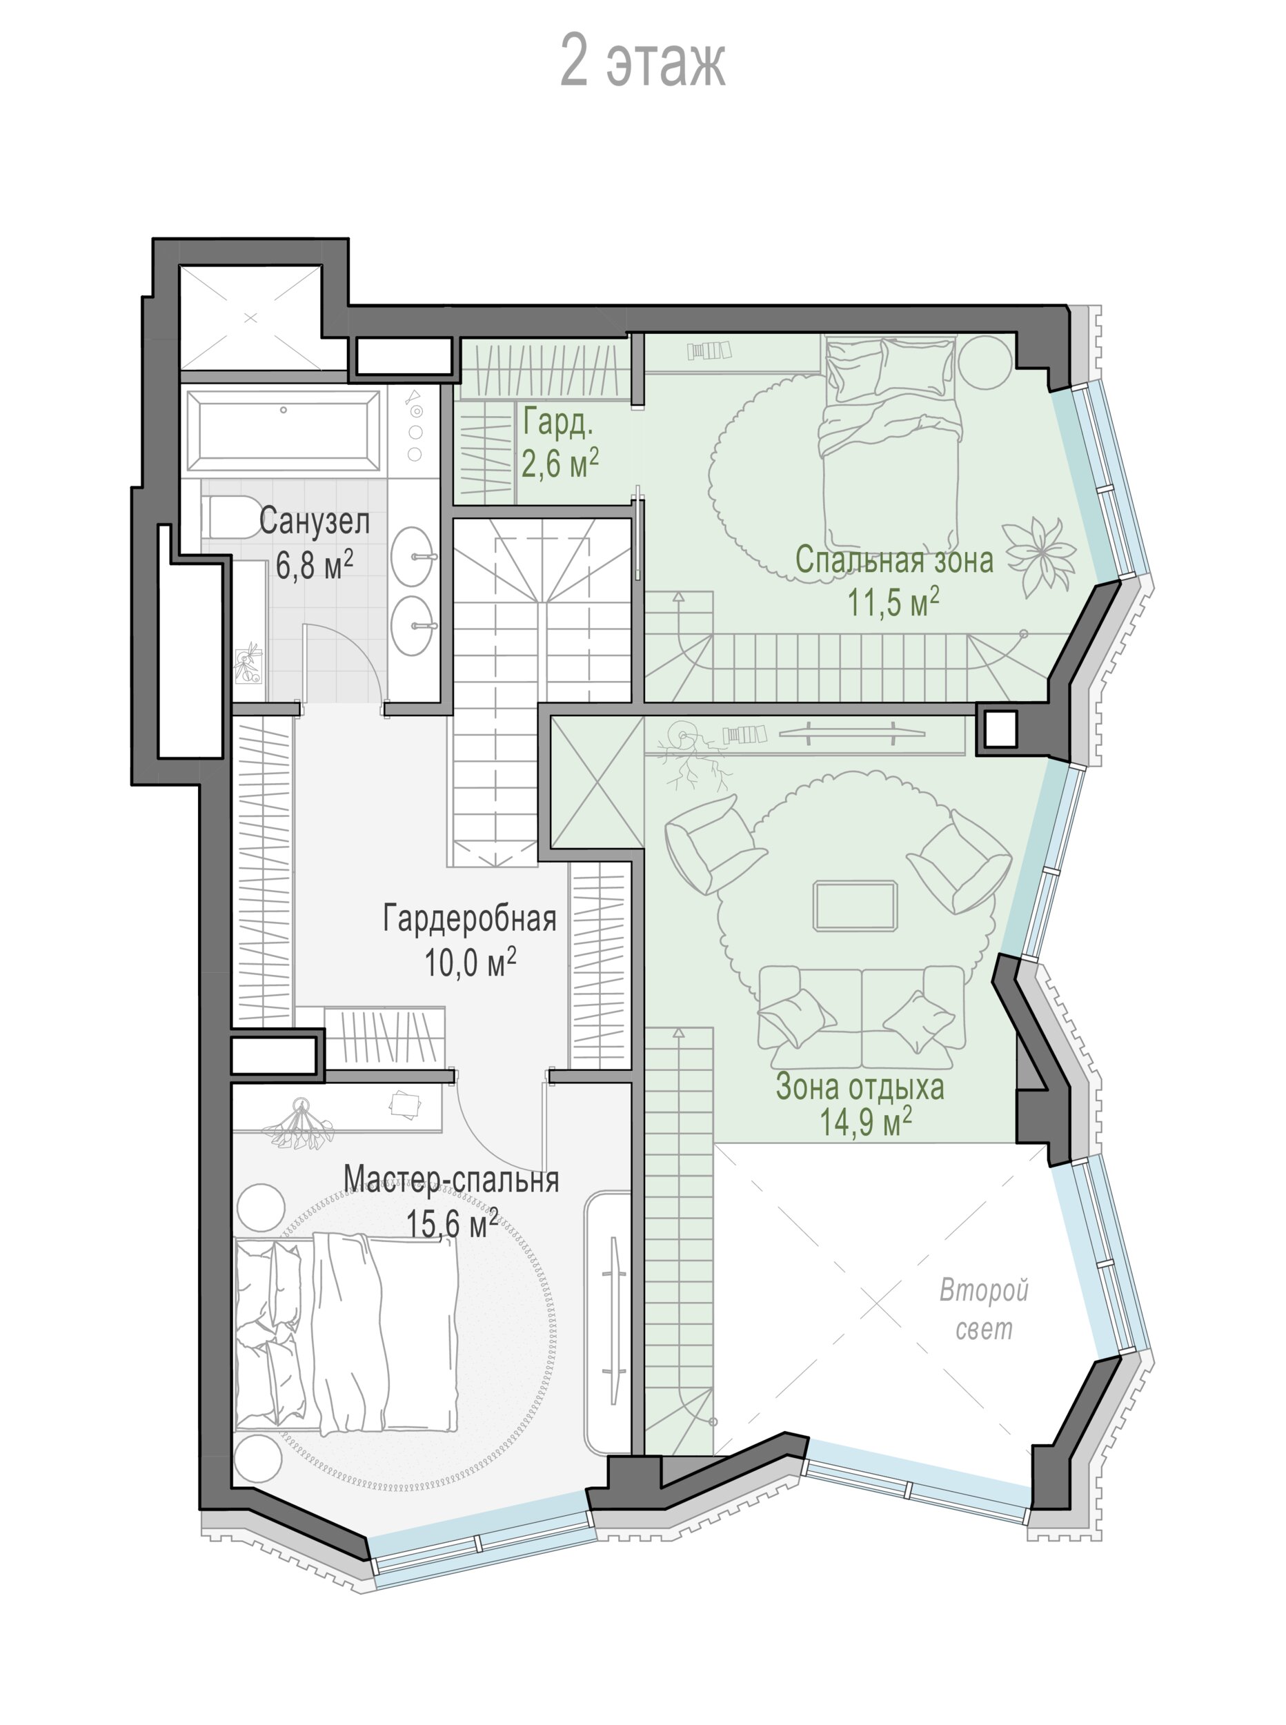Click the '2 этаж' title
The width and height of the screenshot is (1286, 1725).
point(642,61)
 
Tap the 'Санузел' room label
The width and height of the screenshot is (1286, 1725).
point(314,521)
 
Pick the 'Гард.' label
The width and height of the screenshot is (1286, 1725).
point(557,423)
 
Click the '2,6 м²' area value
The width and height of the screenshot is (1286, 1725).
point(560,463)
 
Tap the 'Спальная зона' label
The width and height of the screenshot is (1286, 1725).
point(893,560)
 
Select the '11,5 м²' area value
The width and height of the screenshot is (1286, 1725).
point(893,602)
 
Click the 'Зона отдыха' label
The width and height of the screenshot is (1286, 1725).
point(860,1087)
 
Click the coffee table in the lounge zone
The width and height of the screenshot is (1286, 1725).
point(855,905)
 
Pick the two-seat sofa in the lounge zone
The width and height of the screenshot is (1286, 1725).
point(861,1018)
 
